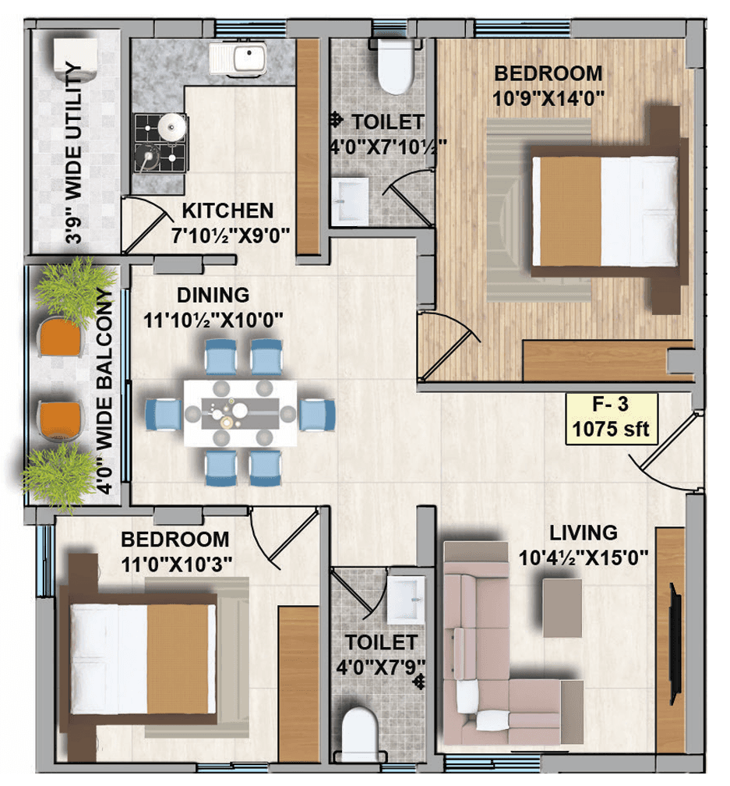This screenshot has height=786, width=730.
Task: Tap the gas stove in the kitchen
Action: click(160, 143)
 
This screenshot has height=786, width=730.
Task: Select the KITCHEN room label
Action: click(227, 211)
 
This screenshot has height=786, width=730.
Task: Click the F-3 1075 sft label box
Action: click(611, 419)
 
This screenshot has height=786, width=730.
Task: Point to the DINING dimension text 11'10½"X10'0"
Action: click(213, 320)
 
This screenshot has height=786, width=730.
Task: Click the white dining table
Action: click(240, 413)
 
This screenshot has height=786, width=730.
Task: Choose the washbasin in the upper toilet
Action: click(350, 201)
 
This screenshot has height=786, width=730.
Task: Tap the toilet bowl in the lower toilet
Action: click(358, 735)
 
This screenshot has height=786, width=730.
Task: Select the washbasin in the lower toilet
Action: click(406, 600)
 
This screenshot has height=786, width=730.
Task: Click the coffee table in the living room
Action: click(562, 608)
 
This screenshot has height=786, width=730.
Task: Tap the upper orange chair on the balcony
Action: click(60, 337)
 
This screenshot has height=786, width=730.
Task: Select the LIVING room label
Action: click(584, 533)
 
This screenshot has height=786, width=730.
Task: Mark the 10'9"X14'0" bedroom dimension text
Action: click(548, 98)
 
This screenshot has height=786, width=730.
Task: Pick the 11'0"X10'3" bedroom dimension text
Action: click(177, 565)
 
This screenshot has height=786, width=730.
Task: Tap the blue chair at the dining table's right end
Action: click(317, 414)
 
